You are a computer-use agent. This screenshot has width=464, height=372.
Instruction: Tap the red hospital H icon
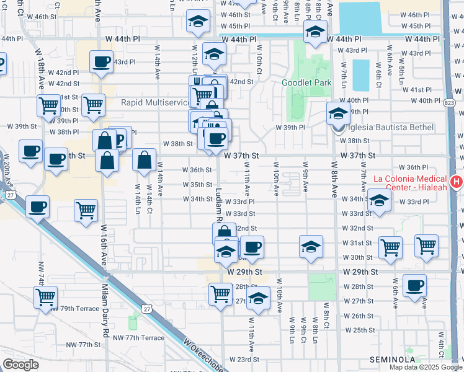pyautogui.click(x=457, y=182)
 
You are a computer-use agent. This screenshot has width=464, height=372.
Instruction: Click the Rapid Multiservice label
pyautogui.click(x=154, y=102)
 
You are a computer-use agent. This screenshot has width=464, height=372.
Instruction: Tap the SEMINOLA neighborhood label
pyautogui.click(x=392, y=360)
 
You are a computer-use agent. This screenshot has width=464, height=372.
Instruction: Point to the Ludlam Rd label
pyautogui.click(x=219, y=205)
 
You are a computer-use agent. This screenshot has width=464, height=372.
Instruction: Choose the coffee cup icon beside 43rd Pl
pyautogui.click(x=100, y=61)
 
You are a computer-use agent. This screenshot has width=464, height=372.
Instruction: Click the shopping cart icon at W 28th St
pyautogui.click(x=220, y=293)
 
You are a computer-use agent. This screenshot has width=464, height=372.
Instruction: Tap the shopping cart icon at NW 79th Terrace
pyautogui.click(x=46, y=297)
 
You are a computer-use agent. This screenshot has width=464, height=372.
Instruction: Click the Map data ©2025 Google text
pyautogui.click(x=426, y=367)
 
